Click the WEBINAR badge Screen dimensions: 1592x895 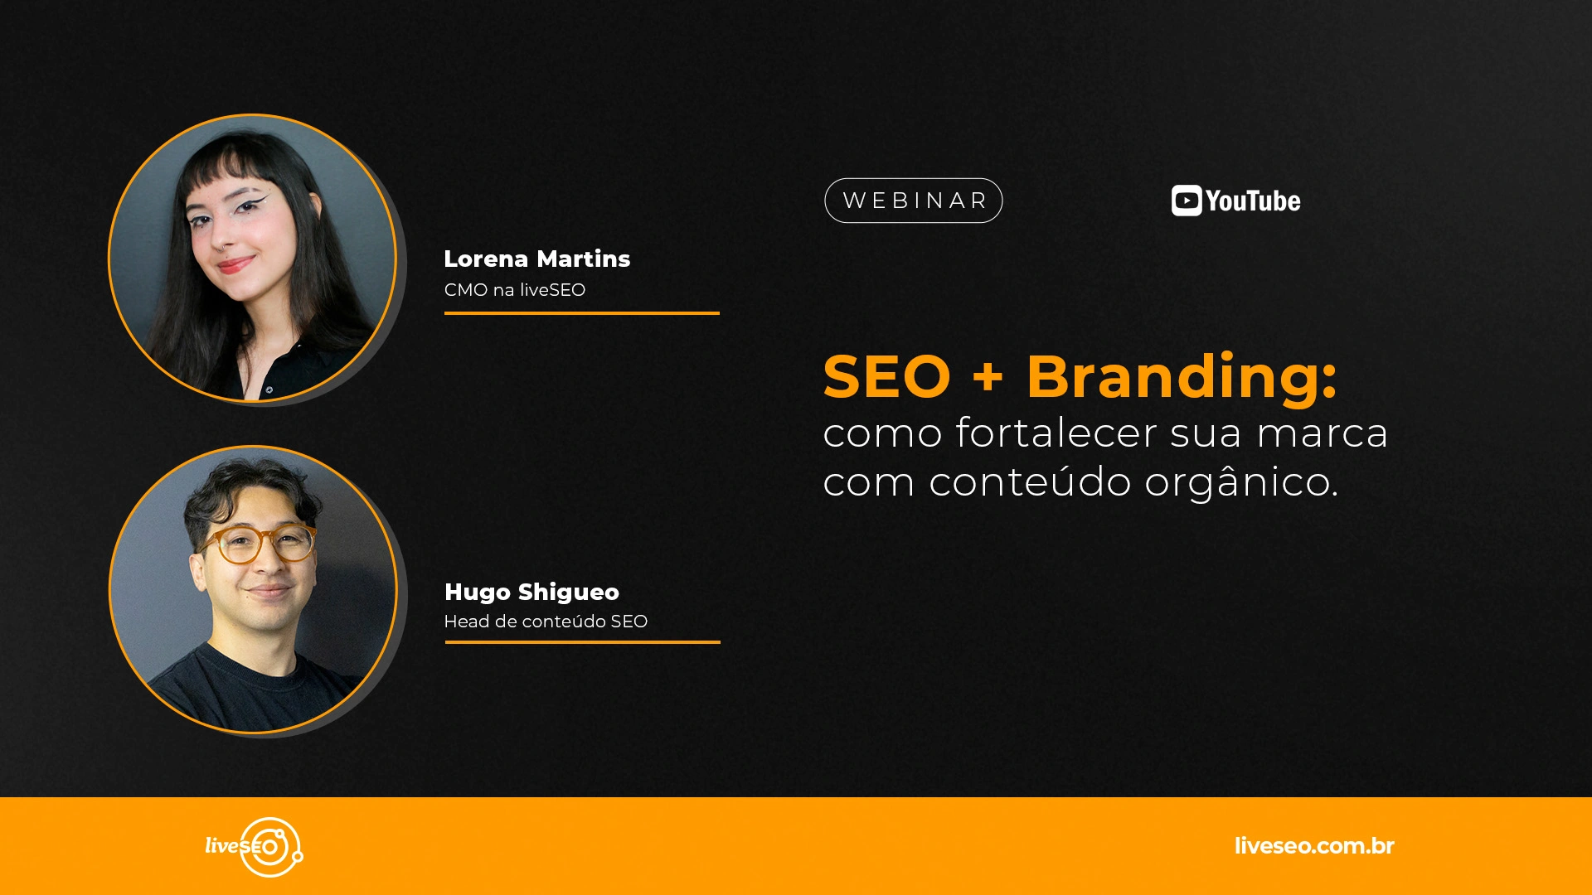coord(913,201)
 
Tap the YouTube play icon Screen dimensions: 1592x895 coord(1187,201)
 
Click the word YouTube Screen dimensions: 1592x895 coord(1253,201)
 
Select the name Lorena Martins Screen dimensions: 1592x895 coord(537,259)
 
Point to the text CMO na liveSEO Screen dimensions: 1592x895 coord(515,290)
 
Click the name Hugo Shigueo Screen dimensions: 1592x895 coord(531,593)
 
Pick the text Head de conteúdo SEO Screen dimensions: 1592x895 coord(546,622)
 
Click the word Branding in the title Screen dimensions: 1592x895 coord(1182,376)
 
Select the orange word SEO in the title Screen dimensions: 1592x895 coord(886,377)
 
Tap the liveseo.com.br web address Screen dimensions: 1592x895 coord(1314,846)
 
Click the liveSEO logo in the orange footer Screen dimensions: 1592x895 coord(255,847)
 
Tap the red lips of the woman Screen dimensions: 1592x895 coord(235,265)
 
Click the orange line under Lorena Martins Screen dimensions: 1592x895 coord(582,313)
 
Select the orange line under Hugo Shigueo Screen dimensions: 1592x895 coord(582,642)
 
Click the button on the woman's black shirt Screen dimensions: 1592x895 coord(269,389)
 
